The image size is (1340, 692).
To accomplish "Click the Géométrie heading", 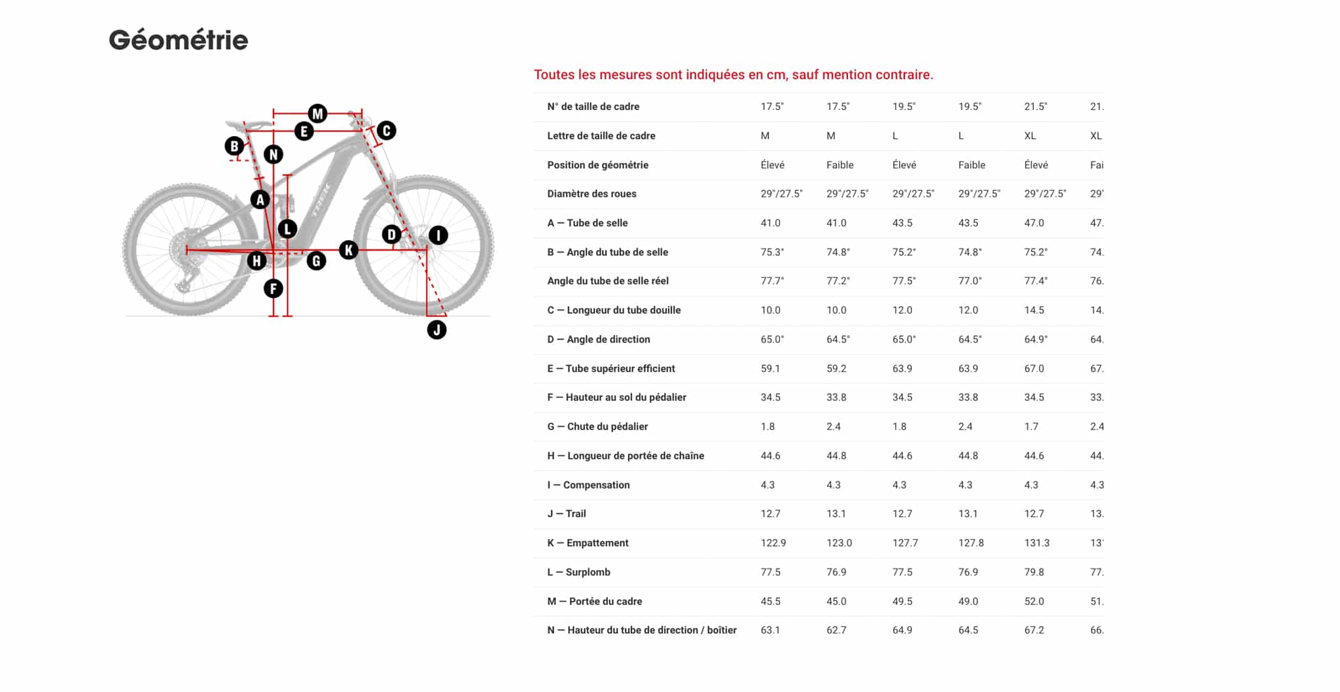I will pyautogui.click(x=178, y=41).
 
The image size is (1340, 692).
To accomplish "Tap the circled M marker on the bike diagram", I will pyautogui.click(x=317, y=114).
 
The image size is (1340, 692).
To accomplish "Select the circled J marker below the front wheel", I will pyautogui.click(x=436, y=330).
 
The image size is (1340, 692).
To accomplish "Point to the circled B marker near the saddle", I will pyautogui.click(x=234, y=146).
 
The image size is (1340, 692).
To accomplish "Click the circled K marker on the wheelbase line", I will pyautogui.click(x=349, y=249).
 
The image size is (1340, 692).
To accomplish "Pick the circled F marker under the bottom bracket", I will pyautogui.click(x=273, y=288).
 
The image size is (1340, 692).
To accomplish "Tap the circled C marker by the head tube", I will pyautogui.click(x=386, y=131).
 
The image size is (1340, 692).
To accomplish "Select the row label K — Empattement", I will pyautogui.click(x=588, y=543).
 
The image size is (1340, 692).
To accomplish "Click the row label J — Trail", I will pyautogui.click(x=567, y=513).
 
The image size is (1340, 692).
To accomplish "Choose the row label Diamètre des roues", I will pyautogui.click(x=591, y=194).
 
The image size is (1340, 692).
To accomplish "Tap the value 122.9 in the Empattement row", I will pyautogui.click(x=773, y=543).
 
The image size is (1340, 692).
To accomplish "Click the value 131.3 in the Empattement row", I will pyautogui.click(x=1036, y=543).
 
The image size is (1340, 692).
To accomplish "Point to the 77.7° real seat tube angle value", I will pyautogui.click(x=772, y=281).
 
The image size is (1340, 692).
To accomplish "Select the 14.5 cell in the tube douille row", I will pyautogui.click(x=1034, y=310).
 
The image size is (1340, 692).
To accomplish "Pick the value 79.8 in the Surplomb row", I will pyautogui.click(x=1034, y=572).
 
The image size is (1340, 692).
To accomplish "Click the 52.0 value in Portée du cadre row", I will pyautogui.click(x=1034, y=601).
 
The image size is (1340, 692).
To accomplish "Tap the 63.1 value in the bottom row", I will pyautogui.click(x=770, y=630).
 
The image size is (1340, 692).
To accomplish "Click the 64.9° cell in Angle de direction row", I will pyautogui.click(x=1036, y=339).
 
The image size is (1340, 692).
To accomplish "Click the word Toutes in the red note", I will pyautogui.click(x=554, y=75).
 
